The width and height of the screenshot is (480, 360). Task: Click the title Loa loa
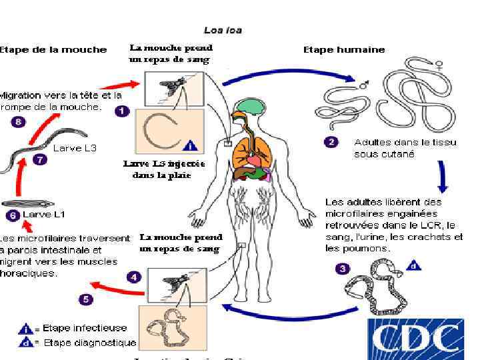pos(223,30)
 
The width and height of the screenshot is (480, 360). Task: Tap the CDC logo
pos(417,339)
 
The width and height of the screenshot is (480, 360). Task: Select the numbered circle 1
pos(121,111)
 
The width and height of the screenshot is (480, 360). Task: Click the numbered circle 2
pos(331,142)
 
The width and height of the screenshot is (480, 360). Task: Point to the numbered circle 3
pos(341,269)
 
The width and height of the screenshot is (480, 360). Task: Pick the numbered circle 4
pos(134,276)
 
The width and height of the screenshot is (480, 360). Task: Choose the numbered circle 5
pos(86,299)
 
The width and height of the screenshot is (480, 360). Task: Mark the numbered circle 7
pos(39,161)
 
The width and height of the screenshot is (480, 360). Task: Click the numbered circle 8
pos(19,121)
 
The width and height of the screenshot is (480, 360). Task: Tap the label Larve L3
pos(75,148)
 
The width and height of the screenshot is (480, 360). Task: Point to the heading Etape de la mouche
pos(53,49)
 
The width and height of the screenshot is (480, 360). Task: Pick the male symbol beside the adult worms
pos(364,85)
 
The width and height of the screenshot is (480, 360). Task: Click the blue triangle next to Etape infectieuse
pos(26,328)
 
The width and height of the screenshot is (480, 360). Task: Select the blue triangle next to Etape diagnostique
pos(26,343)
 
